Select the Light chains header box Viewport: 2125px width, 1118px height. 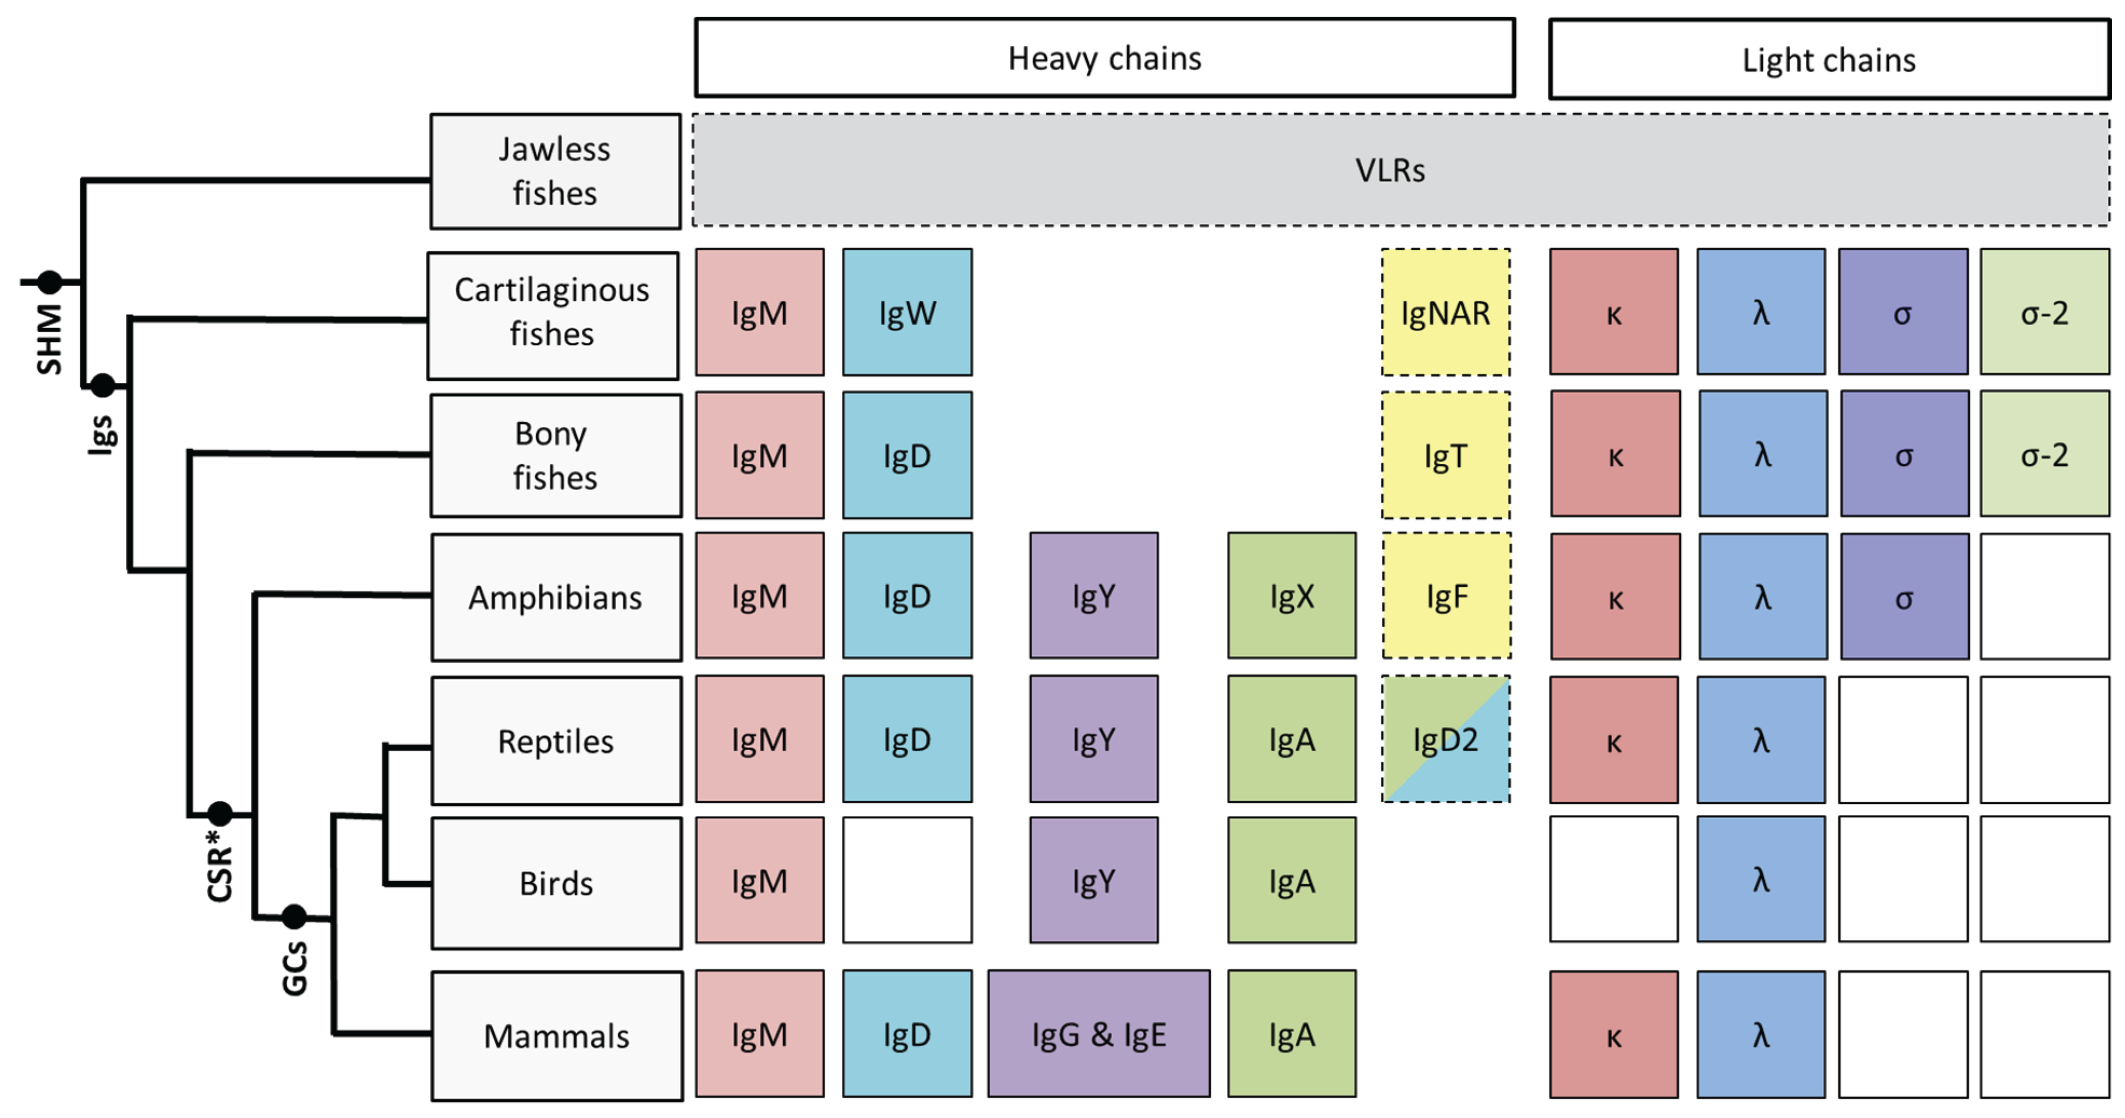1829,59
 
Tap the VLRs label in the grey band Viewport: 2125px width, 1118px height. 1390,170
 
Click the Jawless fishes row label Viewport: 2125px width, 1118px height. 555,171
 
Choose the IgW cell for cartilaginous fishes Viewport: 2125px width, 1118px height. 907,313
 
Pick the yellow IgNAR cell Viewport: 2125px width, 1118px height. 1445,313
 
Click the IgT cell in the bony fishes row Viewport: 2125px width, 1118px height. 1445,455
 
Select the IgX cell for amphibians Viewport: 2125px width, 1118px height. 1291,596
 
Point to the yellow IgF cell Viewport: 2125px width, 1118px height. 1446,596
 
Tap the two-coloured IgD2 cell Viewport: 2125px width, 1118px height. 1445,739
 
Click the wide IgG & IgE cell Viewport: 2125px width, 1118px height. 1098,1034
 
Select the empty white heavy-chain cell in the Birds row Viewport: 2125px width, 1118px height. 907,880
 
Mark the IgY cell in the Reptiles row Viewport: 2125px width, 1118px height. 1093,739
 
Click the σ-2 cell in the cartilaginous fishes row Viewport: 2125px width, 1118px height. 2044,313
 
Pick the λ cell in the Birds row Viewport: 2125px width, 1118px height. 1761,880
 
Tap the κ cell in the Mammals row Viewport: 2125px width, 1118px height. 1613,1034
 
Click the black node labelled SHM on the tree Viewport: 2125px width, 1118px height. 50,282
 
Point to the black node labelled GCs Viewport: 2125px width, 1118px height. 294,916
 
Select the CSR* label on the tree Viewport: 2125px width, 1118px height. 219,866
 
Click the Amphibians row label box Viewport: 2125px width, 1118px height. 556,596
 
